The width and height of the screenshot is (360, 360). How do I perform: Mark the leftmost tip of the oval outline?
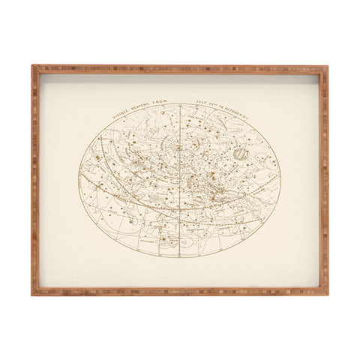tap(78, 180)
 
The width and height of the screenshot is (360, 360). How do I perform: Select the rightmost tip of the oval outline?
tap(281, 180)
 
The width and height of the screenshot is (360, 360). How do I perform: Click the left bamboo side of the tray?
tap(34, 180)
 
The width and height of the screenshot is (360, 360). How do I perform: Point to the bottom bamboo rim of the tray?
tap(180, 291)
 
